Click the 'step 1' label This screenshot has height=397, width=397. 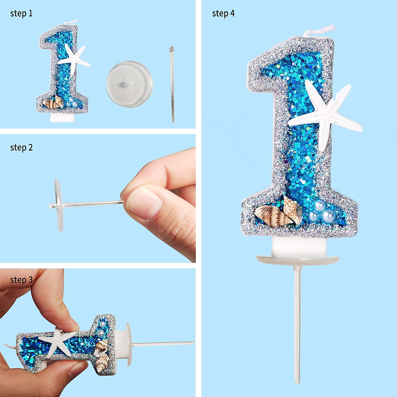[x=22, y=14]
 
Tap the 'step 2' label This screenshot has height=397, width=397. [x=22, y=148]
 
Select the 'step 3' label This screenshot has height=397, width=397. [x=22, y=280]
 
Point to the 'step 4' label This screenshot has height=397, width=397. [x=223, y=14]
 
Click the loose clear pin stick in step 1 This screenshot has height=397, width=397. [x=172, y=84]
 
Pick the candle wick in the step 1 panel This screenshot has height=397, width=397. [x=71, y=22]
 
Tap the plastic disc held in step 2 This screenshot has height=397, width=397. [x=58, y=205]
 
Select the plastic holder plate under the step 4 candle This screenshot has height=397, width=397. [x=298, y=260]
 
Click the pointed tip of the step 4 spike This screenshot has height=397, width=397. [x=298, y=380]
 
